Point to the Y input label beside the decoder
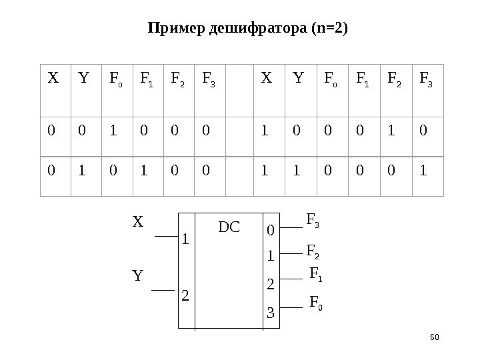tap(137, 275)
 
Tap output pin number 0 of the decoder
tap(270, 231)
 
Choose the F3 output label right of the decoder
tap(313, 219)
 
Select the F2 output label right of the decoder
tap(313, 251)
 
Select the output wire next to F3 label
tap(289, 228)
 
